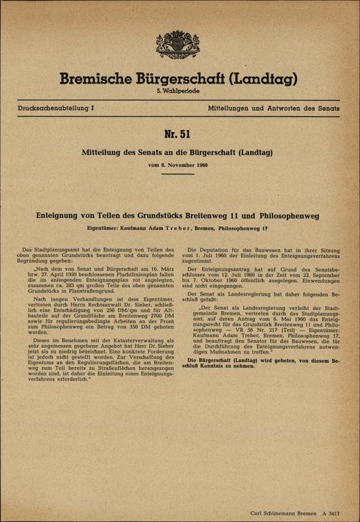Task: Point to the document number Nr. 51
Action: coord(179,136)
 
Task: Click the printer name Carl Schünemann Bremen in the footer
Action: coord(284,511)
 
